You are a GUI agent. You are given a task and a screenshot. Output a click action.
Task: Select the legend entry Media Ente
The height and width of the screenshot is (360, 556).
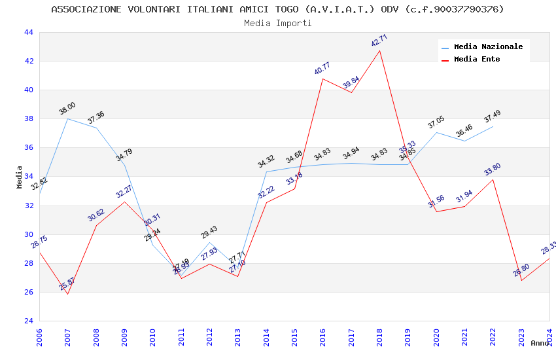click(477, 60)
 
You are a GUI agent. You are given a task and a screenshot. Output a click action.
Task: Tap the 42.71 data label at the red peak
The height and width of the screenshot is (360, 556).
click(379, 41)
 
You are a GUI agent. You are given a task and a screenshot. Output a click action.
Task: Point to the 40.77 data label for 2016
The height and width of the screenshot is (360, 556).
click(322, 68)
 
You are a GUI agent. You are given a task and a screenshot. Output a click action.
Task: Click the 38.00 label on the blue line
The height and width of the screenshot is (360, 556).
click(67, 109)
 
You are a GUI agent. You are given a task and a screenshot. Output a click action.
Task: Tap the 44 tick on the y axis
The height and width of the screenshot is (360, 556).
click(28, 33)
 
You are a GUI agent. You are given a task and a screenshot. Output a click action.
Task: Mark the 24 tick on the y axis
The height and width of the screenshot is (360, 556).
click(28, 321)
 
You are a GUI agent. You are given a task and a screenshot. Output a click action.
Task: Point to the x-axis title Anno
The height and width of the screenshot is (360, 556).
click(540, 343)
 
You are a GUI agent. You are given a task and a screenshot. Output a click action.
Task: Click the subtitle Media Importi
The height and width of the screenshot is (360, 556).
click(278, 23)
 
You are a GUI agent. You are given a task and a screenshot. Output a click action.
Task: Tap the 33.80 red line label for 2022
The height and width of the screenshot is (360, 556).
click(493, 170)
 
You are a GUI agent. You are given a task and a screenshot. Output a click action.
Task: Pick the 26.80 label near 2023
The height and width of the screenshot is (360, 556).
click(521, 270)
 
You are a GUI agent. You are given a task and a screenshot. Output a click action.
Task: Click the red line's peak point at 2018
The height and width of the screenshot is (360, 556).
click(380, 50)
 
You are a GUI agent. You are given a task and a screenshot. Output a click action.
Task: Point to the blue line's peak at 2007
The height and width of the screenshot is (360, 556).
click(67, 118)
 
